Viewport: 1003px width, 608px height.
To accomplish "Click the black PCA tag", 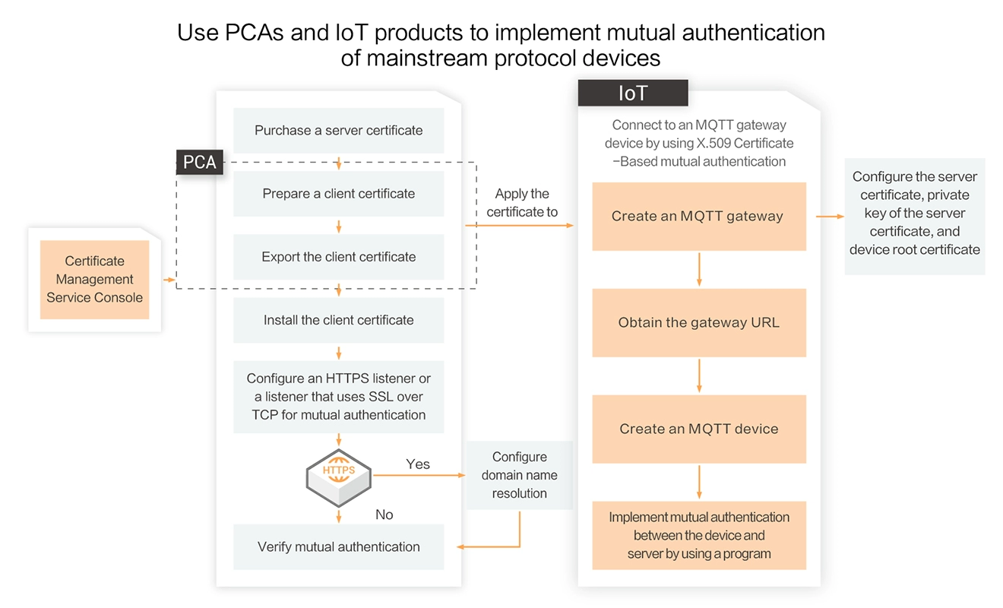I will click(200, 162).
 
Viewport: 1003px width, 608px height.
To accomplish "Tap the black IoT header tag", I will click(633, 93).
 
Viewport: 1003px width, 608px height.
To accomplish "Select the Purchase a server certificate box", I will click(338, 130).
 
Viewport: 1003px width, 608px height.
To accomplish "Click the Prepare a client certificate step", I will click(338, 193).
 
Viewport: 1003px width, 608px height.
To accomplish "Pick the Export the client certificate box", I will click(338, 257).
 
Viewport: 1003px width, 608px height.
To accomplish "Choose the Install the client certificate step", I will click(338, 320).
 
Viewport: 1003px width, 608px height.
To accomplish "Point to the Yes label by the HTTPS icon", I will click(418, 464).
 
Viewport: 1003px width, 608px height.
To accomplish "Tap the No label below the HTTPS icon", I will click(384, 515).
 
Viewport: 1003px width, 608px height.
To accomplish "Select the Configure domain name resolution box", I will click(520, 475).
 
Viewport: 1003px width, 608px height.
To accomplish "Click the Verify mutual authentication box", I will click(338, 546).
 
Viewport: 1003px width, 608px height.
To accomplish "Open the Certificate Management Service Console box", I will click(94, 280).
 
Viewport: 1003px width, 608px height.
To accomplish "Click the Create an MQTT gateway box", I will click(698, 216).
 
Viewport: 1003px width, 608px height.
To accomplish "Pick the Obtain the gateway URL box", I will click(698, 322).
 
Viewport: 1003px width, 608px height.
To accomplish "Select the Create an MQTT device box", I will click(698, 429).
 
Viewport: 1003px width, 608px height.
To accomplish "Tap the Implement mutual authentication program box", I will click(698, 535).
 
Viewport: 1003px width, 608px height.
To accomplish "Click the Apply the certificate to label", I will click(522, 203).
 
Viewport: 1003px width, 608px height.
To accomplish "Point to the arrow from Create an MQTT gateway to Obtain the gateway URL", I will click(699, 269).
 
